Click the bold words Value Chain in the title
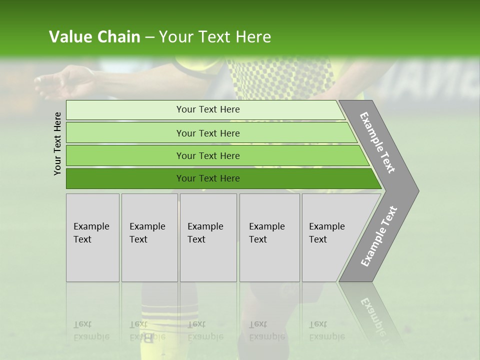pos(94,37)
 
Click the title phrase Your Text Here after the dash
pos(215,37)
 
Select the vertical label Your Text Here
pos(57,143)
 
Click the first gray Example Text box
pos(92,237)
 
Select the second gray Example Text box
pos(149,237)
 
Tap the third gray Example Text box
pos(208,237)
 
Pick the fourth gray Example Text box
pos(269,237)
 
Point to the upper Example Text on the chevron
pos(377,142)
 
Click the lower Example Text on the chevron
pos(378,236)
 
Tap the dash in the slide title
pos(149,37)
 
